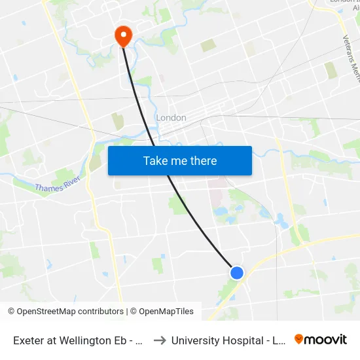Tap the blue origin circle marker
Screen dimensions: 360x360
tap(237, 272)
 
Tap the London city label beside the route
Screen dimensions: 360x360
tap(171, 118)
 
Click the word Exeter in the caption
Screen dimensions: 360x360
tap(29, 340)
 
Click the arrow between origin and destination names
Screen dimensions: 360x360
tap(159, 340)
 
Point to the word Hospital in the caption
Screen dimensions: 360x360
tap(243, 340)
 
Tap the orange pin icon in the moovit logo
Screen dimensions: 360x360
tap(299, 339)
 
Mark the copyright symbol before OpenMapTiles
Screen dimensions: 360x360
tap(134, 312)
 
